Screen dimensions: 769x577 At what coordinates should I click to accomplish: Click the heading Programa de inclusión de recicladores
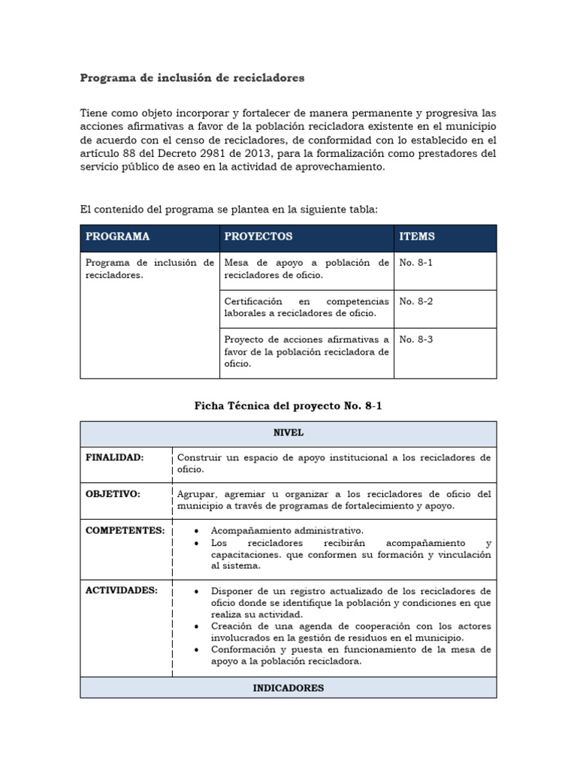(x=192, y=77)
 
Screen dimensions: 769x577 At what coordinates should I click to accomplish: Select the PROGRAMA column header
(x=118, y=237)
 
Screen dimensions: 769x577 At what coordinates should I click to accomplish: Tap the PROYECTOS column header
(x=258, y=237)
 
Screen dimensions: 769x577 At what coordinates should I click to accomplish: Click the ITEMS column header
(x=417, y=237)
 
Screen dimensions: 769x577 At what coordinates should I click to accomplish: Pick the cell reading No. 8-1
(x=416, y=263)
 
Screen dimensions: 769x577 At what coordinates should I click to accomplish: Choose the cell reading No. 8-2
(x=416, y=301)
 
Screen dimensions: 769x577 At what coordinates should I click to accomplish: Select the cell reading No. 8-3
(x=416, y=339)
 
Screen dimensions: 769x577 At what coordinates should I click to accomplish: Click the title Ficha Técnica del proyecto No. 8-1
(x=288, y=406)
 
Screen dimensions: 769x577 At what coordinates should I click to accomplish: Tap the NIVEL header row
(x=288, y=433)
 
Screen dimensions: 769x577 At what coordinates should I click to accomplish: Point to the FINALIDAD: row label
(x=115, y=457)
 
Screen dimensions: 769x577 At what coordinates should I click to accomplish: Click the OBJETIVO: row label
(x=113, y=494)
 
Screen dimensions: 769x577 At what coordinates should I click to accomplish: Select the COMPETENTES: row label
(x=125, y=530)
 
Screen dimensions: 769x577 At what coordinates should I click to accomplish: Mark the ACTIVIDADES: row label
(x=122, y=590)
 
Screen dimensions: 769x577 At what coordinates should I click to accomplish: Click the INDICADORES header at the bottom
(x=288, y=688)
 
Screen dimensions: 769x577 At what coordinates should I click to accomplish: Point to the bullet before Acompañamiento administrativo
(x=196, y=531)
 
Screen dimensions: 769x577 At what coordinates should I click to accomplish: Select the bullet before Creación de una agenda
(x=196, y=626)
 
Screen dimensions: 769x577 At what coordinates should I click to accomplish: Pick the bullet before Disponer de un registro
(x=196, y=591)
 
